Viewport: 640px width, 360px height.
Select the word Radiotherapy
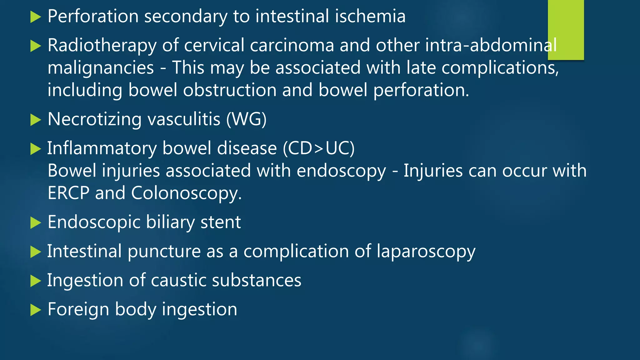pos(102,46)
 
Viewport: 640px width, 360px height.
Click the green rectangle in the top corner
pos(566,30)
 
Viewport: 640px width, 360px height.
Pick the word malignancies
pos(101,68)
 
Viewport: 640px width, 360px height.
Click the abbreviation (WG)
pos(246,119)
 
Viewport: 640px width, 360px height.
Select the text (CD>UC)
pos(319,148)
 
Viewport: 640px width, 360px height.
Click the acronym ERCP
pos(68,193)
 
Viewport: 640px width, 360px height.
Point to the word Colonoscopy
pos(186,194)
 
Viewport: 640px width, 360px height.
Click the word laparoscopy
pos(426,252)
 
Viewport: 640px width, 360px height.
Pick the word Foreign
pos(78,309)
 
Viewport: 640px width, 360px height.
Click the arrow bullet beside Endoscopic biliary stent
pos(36,223)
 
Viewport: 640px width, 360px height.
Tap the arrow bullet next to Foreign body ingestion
pos(36,310)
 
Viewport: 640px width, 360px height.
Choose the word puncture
pos(164,252)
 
